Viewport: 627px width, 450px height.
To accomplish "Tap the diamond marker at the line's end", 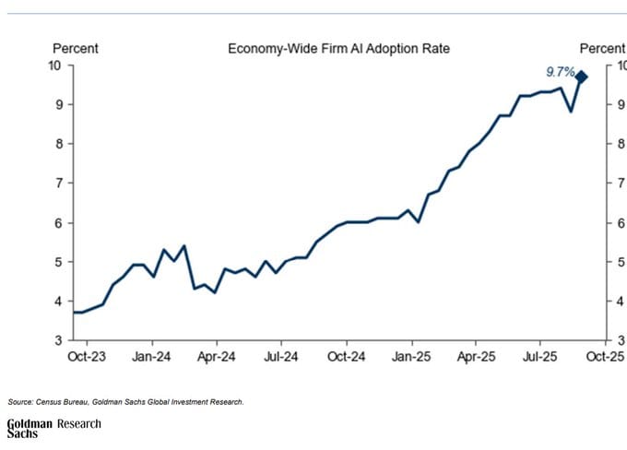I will [582, 77].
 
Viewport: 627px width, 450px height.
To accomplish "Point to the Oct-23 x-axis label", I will [87, 356].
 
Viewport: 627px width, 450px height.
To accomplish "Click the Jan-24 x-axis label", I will [151, 356].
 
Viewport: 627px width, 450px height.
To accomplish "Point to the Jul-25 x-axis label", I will [540, 356].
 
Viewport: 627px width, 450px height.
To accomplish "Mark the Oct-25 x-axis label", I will [603, 356].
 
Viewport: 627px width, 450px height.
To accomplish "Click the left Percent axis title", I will [76, 48].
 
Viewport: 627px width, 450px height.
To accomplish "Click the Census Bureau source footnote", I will [125, 401].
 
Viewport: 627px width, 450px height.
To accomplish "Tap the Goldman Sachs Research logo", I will [53, 428].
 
